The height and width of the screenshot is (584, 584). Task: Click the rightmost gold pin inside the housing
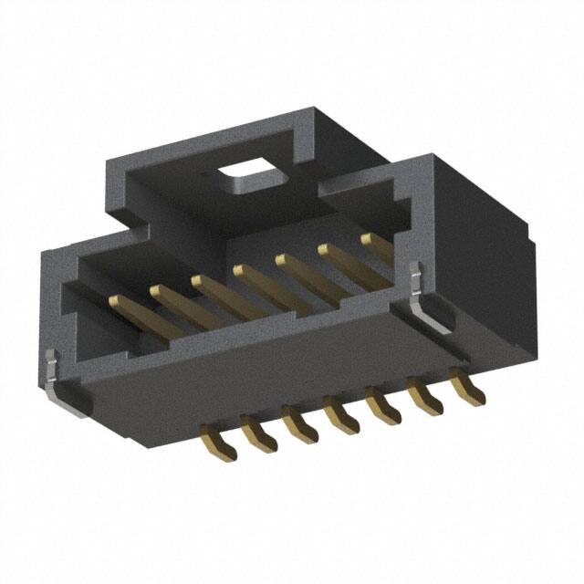[378, 247]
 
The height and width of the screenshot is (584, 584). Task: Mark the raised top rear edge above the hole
[210, 137]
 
